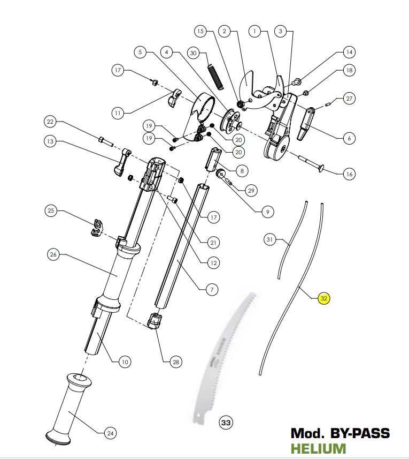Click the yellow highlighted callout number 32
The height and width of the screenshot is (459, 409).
[x=323, y=299]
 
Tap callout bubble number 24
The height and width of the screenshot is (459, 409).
[x=110, y=433]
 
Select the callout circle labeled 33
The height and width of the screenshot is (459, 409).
[x=226, y=423]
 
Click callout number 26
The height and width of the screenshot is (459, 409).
[x=53, y=254]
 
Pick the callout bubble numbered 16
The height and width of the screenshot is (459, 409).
[x=349, y=174]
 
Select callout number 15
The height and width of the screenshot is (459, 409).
[x=200, y=32]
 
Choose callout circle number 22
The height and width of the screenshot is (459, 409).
[x=50, y=122]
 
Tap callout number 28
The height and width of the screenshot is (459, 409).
[x=175, y=363]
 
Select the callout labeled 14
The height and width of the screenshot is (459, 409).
[x=349, y=52]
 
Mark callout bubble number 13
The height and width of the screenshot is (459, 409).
[x=50, y=141]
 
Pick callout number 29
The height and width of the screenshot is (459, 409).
[x=251, y=190]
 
